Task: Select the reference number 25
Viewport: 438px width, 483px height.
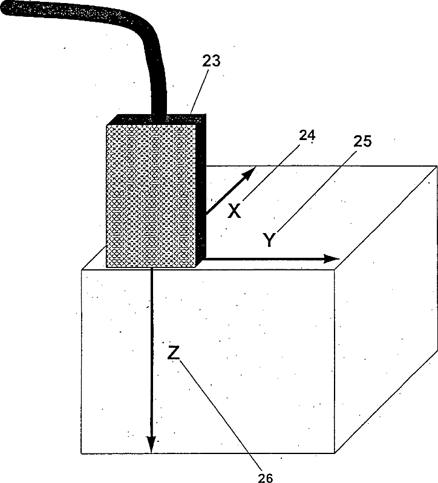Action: [361, 142]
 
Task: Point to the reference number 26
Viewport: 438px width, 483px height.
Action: [265, 478]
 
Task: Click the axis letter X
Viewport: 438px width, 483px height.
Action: [234, 211]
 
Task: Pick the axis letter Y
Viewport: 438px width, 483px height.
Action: [270, 240]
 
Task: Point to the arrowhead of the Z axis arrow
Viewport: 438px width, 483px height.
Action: [151, 446]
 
